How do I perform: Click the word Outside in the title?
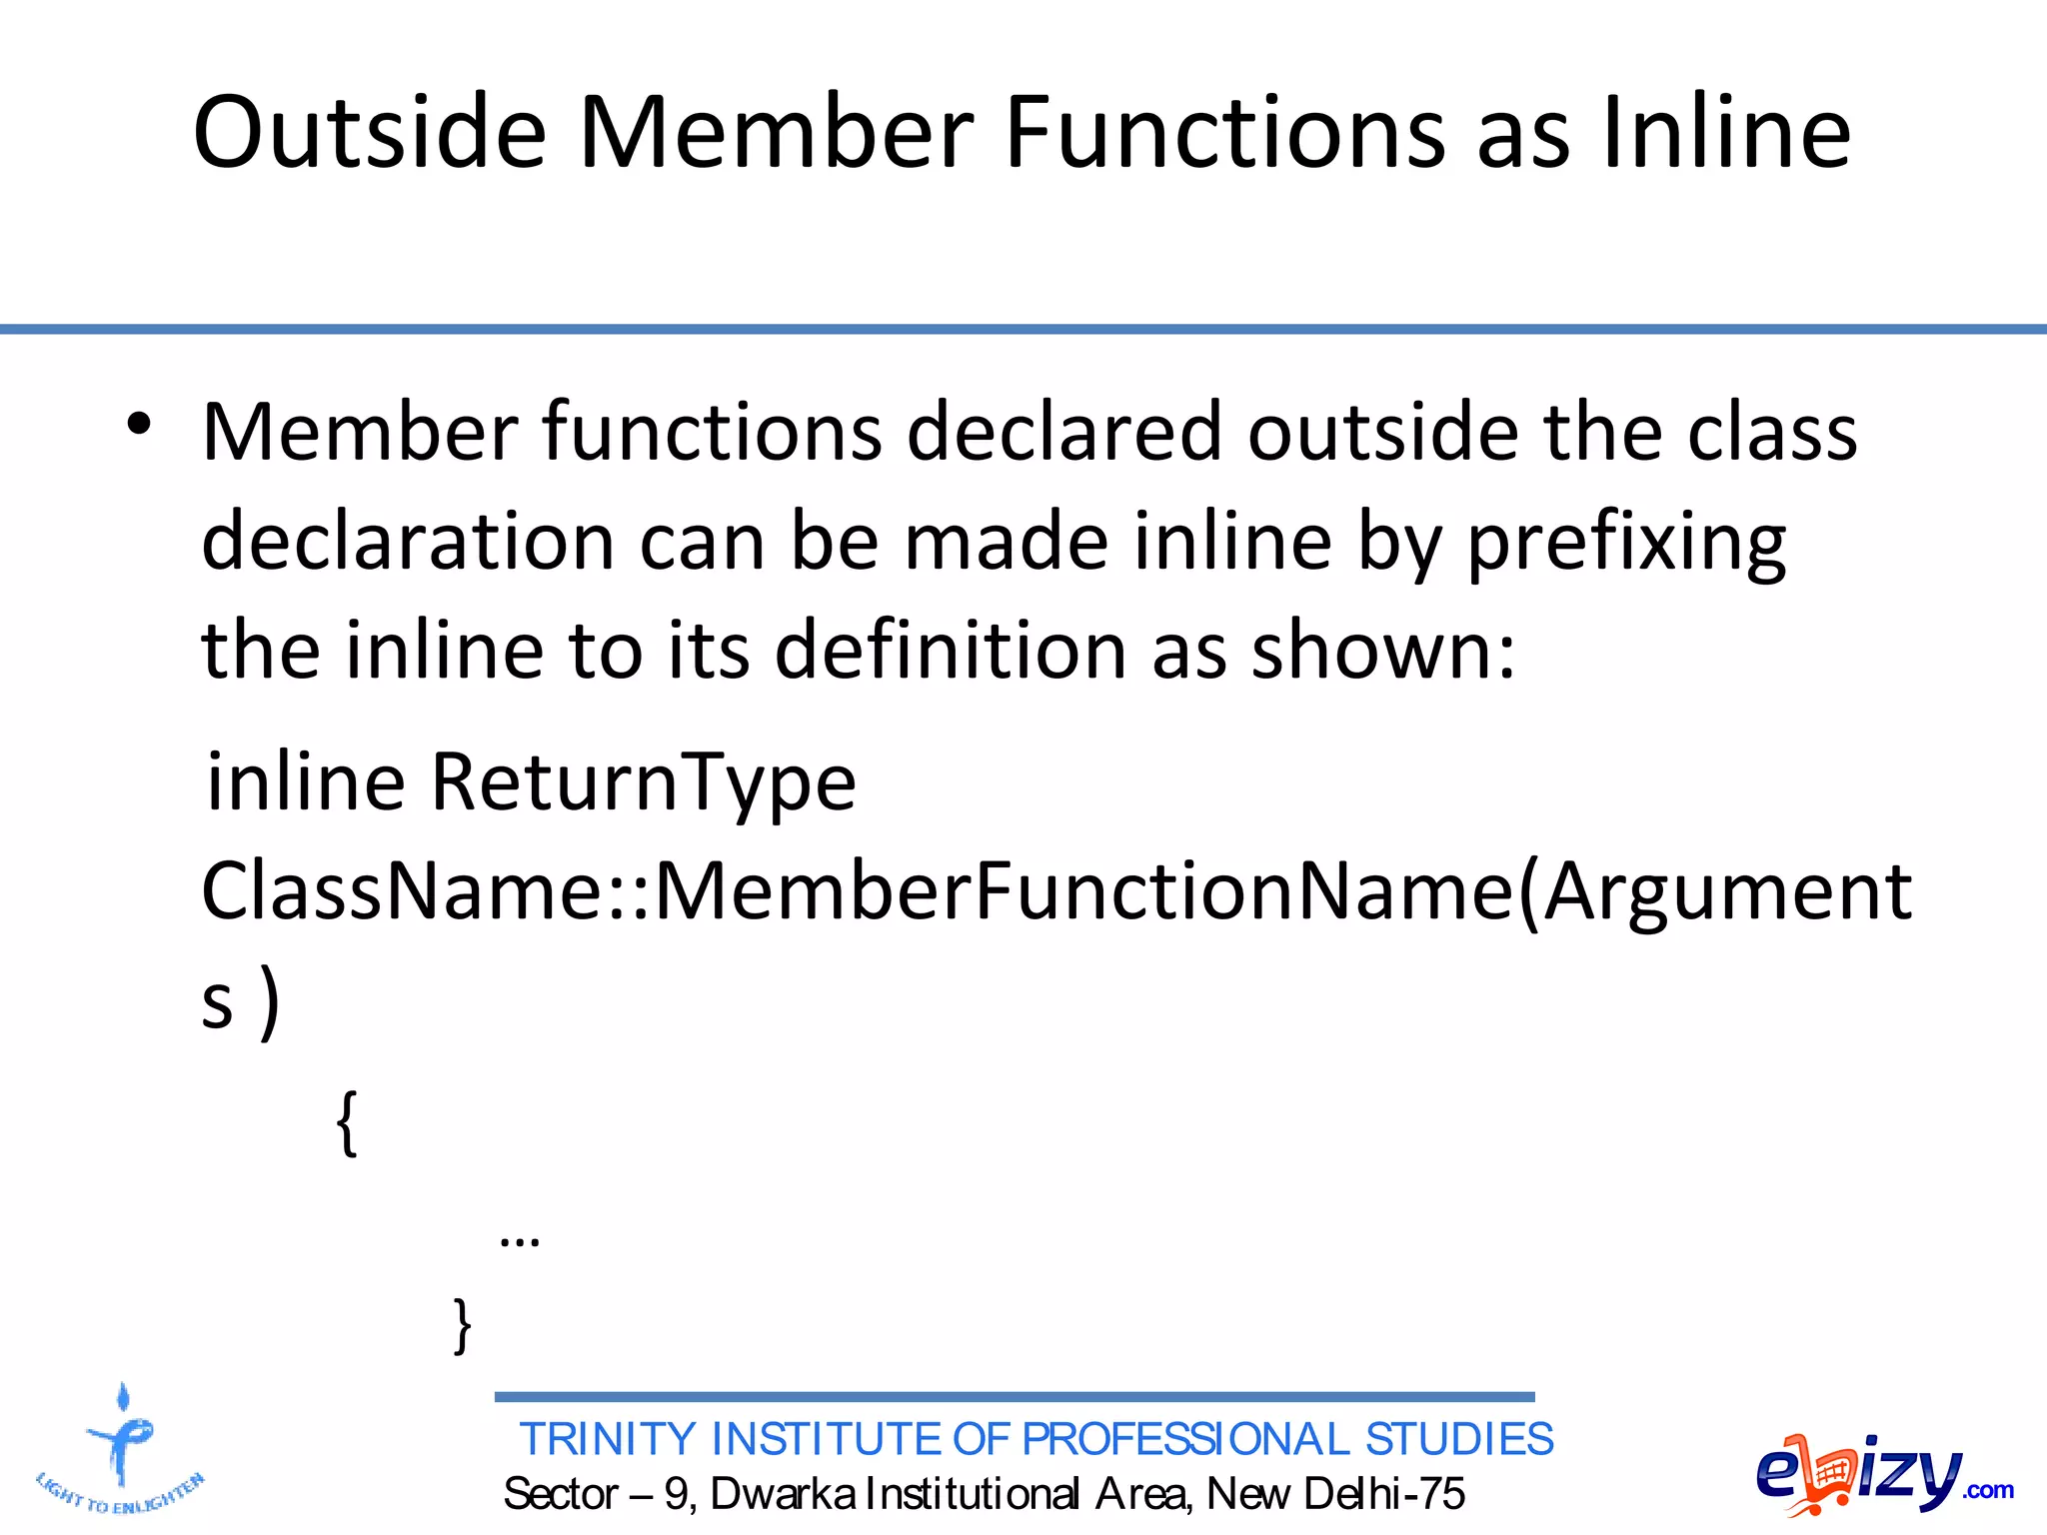(370, 132)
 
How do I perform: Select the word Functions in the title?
(1225, 132)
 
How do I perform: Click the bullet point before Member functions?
(139, 425)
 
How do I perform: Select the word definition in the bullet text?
(951, 651)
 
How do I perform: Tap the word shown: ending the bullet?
(1383, 651)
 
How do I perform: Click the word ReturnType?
(643, 781)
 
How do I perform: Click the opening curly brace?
(347, 1122)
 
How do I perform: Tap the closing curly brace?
(462, 1325)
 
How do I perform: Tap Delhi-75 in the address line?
(1384, 1494)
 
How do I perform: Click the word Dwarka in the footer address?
(783, 1494)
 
